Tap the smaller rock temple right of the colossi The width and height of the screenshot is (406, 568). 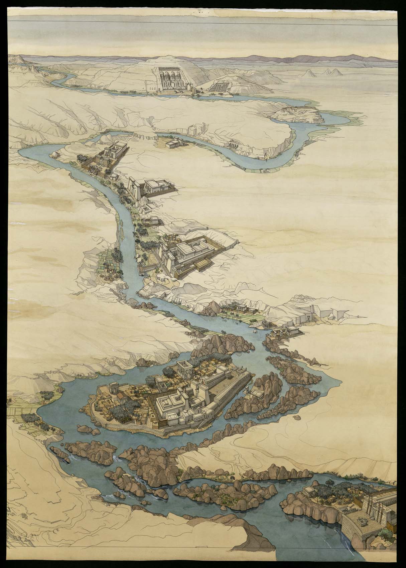tap(218, 87)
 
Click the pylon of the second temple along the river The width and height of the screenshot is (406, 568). tap(134, 189)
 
